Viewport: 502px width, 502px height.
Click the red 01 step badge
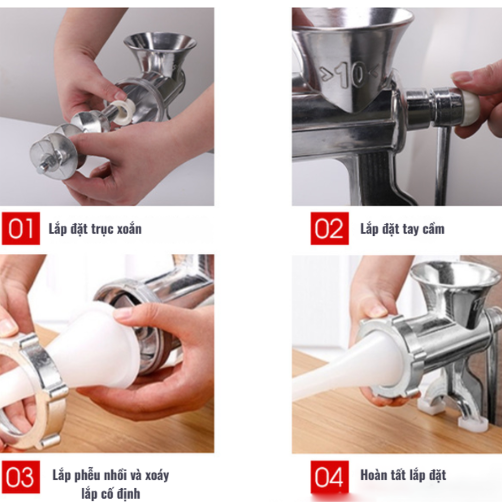[x=21, y=228]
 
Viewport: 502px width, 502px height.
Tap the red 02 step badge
[x=329, y=228]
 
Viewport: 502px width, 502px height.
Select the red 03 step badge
[x=21, y=477]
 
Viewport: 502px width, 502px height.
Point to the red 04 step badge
[x=329, y=477]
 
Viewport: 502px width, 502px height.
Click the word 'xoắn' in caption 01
[x=129, y=229]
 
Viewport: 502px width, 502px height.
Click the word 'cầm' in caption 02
[x=433, y=229]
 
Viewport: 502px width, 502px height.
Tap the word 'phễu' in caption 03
[x=88, y=475]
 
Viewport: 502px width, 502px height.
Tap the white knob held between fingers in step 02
[x=471, y=107]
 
